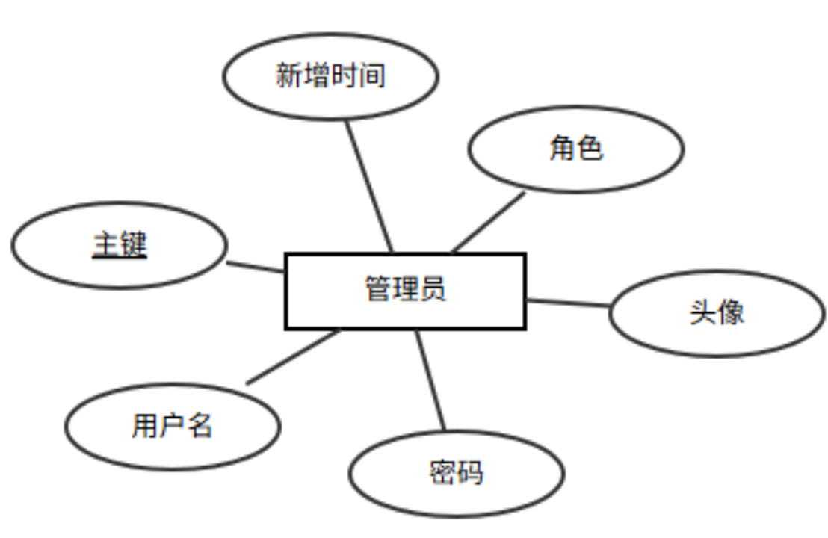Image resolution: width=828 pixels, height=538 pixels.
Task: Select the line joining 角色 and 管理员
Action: [489, 222]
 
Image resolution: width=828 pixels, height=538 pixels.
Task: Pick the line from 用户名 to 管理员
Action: [293, 357]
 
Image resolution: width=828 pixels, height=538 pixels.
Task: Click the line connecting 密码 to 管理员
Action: [430, 380]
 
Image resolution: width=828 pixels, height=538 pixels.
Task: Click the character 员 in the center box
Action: [433, 289]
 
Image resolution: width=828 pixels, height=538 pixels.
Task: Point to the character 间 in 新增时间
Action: [371, 75]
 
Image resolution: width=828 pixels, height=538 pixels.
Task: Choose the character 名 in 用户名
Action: [200, 426]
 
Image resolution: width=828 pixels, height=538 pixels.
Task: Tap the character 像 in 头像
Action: [731, 312]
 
